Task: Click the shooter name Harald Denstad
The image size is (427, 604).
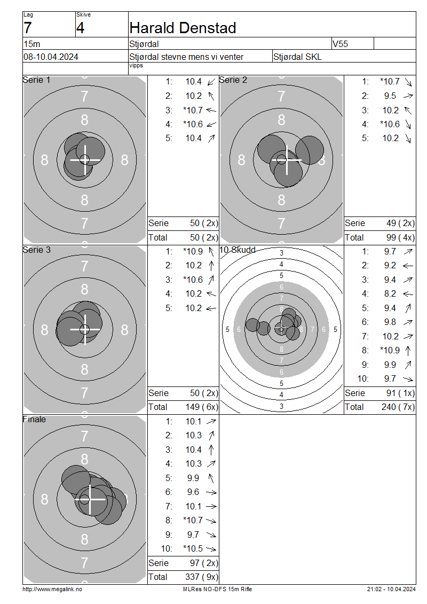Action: pos(183,28)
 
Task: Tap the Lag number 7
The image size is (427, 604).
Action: pos(28,28)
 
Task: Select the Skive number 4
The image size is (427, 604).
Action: pos(80,28)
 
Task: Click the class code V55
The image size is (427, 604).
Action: pos(340,44)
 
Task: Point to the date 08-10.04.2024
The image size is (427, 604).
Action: pos(51,57)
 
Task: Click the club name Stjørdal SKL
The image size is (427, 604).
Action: pos(297,57)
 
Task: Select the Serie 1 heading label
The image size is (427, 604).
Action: pos(36,80)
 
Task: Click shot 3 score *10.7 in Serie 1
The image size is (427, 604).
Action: pos(193,110)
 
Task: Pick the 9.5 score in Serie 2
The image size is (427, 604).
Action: pos(390,96)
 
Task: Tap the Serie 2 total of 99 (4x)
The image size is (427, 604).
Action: pos(400,238)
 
